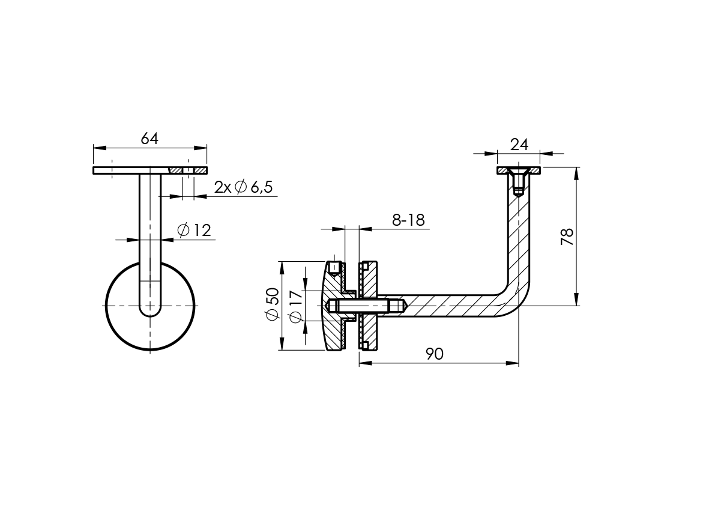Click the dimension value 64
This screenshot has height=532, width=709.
click(149, 139)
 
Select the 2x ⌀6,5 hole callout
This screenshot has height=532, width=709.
click(243, 187)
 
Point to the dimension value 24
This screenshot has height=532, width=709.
click(519, 145)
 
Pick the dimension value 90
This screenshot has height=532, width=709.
click(434, 354)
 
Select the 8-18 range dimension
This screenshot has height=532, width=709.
click(408, 220)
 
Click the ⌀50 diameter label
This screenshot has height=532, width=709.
click(273, 304)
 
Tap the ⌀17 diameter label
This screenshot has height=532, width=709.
click(295, 306)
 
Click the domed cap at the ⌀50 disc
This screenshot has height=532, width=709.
click(331, 306)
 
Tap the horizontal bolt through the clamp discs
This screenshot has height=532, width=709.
click(366, 306)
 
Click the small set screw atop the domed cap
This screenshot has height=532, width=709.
click(334, 267)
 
